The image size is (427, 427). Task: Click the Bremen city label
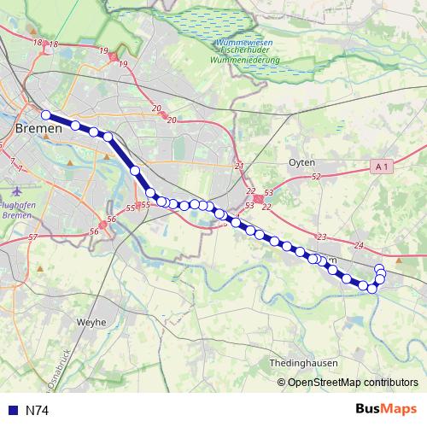pyautogui.click(x=38, y=128)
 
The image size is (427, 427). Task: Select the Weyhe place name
pyautogui.click(x=91, y=322)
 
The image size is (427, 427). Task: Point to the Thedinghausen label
pyautogui.click(x=304, y=362)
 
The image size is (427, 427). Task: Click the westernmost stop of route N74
pyautogui.click(x=46, y=115)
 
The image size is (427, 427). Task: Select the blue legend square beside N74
pyautogui.click(x=13, y=411)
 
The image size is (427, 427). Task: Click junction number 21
pyautogui.click(x=239, y=167)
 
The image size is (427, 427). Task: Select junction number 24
pyautogui.click(x=358, y=246)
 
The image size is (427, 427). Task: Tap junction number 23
pyautogui.click(x=321, y=237)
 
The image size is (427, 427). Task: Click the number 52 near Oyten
pyautogui.click(x=315, y=176)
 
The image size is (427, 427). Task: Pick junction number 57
pyautogui.click(x=32, y=237)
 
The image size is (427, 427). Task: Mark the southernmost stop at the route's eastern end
pyautogui.click(x=372, y=289)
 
